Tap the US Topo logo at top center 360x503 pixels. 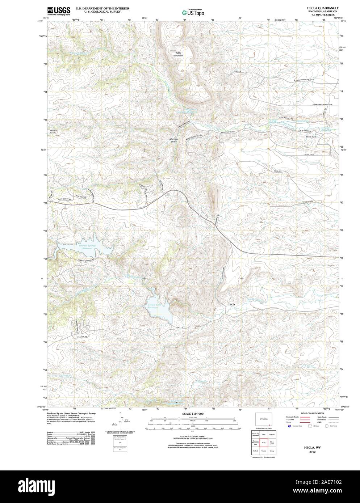[193, 12]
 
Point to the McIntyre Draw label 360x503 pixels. [175, 140]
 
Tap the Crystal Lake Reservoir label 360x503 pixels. [156, 306]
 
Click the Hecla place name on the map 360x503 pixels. [231, 304]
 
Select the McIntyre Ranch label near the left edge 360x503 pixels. [54, 132]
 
